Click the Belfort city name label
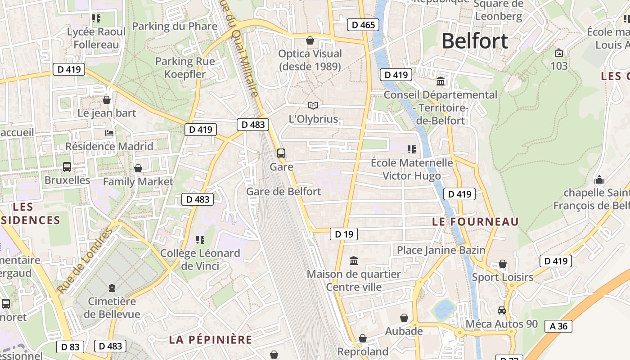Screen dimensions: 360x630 [x=475, y=41]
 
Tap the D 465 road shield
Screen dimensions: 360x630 [x=363, y=25]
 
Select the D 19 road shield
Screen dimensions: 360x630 [x=344, y=234]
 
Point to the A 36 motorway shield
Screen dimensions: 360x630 [x=558, y=326]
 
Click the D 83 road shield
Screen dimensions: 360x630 [x=70, y=346]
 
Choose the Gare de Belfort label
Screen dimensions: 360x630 [x=283, y=192]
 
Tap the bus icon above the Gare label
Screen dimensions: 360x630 [x=281, y=153]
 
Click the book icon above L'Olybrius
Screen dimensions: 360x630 [x=313, y=105]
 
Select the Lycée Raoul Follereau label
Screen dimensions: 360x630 [x=96, y=38]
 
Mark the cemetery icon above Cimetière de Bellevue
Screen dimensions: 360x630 [x=112, y=288]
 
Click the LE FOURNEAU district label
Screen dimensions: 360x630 [x=475, y=221]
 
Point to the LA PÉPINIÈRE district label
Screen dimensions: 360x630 [x=211, y=339]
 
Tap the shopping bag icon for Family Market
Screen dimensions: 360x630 [x=138, y=168]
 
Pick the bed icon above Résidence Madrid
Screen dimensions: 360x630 [x=109, y=133]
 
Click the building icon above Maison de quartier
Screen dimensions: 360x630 [x=354, y=261]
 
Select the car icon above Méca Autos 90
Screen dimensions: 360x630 [x=502, y=310]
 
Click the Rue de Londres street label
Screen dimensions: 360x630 [x=85, y=261]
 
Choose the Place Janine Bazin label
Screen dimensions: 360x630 [x=441, y=250]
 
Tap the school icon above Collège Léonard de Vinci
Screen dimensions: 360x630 [x=200, y=240]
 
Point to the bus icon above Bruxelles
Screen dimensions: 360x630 [x=67, y=167]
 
